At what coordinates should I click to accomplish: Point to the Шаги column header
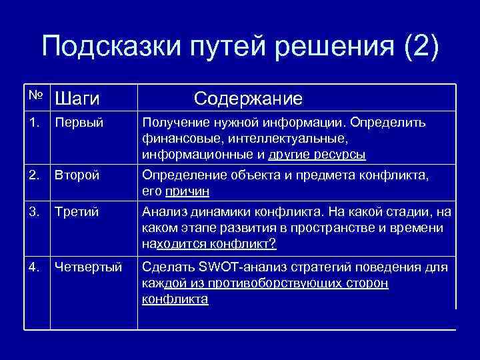pos(77,99)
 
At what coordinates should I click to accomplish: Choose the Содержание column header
pos(248,99)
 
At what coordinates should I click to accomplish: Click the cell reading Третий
pos(77,212)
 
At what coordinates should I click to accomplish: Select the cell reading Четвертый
pos(88,267)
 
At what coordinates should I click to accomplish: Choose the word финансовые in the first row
pos(175,139)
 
